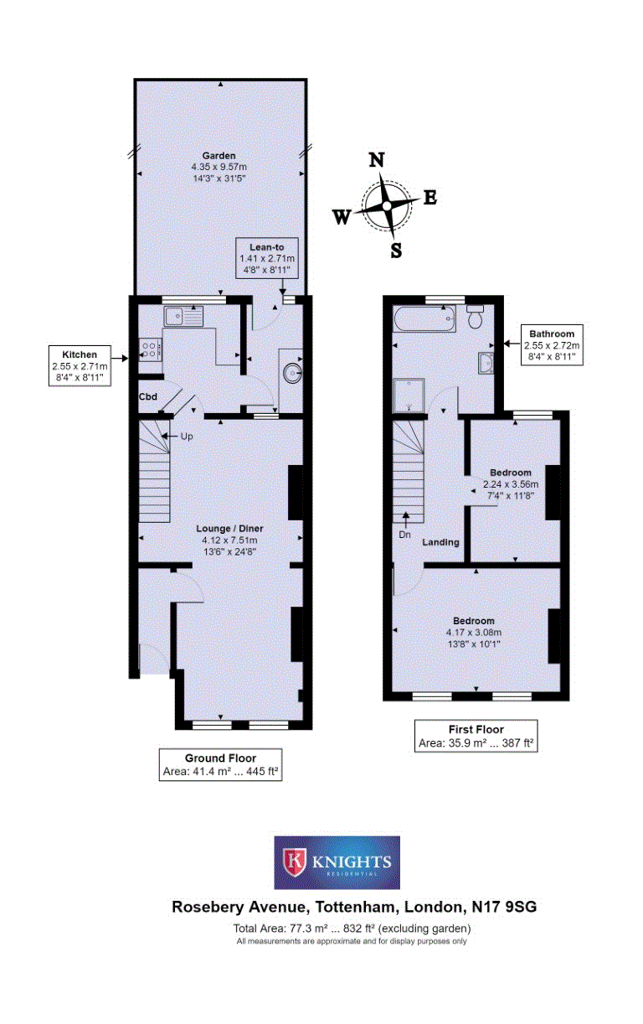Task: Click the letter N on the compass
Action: click(x=376, y=160)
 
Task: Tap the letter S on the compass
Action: click(x=396, y=251)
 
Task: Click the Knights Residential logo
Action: click(x=337, y=862)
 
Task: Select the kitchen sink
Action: click(x=183, y=316)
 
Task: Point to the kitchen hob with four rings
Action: click(x=150, y=349)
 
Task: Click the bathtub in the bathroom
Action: click(x=424, y=318)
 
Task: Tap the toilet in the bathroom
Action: click(x=475, y=316)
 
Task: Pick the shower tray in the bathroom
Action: click(x=409, y=396)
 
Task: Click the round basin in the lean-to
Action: click(x=291, y=373)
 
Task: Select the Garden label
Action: click(x=219, y=156)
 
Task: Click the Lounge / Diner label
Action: click(x=229, y=529)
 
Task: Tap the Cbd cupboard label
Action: click(x=148, y=396)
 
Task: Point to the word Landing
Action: click(x=440, y=542)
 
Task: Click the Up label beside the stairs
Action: click(x=187, y=436)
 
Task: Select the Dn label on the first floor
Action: click(x=404, y=535)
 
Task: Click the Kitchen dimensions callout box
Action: click(x=80, y=365)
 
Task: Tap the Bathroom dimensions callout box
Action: click(x=552, y=345)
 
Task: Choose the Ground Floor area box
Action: click(x=220, y=764)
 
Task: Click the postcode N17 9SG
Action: click(x=504, y=907)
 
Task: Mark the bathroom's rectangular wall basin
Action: click(x=486, y=363)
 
